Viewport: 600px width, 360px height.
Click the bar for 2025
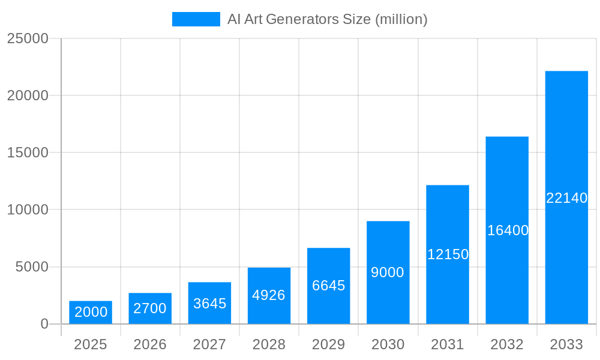point(91,312)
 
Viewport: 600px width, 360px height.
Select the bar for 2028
point(269,295)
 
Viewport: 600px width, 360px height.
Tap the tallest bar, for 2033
point(566,197)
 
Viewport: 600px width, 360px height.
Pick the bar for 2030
point(388,272)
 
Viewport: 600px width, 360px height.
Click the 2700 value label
point(150,308)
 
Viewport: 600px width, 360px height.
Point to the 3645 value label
point(209,304)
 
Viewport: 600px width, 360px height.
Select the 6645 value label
point(329,286)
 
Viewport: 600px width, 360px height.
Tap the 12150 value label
point(448,254)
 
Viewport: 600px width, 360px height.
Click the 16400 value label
point(508,230)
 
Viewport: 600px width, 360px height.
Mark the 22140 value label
point(566,198)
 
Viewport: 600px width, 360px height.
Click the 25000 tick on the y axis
point(28,38)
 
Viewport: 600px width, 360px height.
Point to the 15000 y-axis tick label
point(28,152)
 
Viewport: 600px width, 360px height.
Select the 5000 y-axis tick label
point(32,267)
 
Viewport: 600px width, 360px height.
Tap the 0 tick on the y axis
point(44,324)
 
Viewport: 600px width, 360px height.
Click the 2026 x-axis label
point(150,344)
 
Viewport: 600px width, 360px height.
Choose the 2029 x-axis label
point(329,344)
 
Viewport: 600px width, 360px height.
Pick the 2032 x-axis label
point(507,344)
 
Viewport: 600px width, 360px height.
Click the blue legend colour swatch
point(196,19)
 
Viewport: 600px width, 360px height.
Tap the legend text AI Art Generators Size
point(327,19)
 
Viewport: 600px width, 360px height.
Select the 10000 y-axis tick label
point(28,210)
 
